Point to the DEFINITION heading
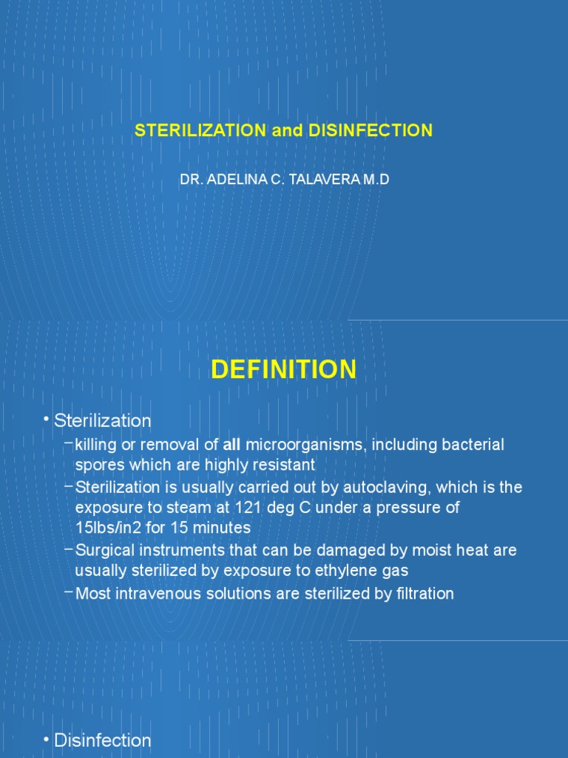[284, 369]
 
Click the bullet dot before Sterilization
[47, 420]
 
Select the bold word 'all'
[231, 445]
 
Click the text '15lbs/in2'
[108, 529]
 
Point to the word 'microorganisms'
[306, 445]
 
